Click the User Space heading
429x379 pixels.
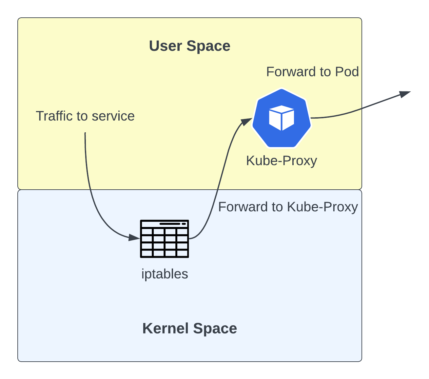coord(189,46)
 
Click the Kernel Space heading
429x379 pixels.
coord(189,328)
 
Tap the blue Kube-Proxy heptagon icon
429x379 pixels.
coord(282,118)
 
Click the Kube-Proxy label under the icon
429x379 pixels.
coord(282,161)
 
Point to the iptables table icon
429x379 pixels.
coord(165,238)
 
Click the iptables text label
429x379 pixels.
coord(165,274)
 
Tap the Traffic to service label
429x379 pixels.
coord(85,116)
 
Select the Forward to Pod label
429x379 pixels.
coord(312,72)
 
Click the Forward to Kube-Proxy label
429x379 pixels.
coord(288,207)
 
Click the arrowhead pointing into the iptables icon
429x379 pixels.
coord(134,237)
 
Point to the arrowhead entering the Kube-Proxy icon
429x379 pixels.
coord(246,121)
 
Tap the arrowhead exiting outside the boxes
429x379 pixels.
coord(405,94)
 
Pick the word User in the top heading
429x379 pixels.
coord(166,46)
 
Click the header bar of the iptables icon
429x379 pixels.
coord(165,224)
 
